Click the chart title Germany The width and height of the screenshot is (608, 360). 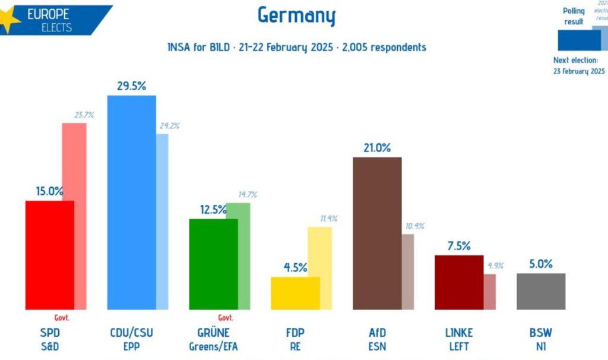(x=296, y=15)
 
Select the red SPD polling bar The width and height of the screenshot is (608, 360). (x=49, y=255)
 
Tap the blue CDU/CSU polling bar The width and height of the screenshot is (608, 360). (x=131, y=202)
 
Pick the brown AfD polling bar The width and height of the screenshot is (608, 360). (x=377, y=233)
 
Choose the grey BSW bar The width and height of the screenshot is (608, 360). (x=540, y=292)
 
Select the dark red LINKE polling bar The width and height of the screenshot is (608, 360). (x=459, y=282)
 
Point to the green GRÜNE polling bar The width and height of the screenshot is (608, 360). (x=213, y=264)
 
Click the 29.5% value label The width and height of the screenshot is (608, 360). (x=131, y=86)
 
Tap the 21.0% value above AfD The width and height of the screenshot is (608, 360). (x=377, y=148)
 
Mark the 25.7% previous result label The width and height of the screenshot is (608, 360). (x=84, y=115)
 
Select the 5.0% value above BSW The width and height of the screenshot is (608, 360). (x=540, y=264)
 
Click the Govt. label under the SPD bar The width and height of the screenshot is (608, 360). (x=62, y=318)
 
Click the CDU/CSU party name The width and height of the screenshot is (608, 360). (x=131, y=333)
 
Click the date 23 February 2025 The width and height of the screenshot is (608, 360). (x=579, y=71)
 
